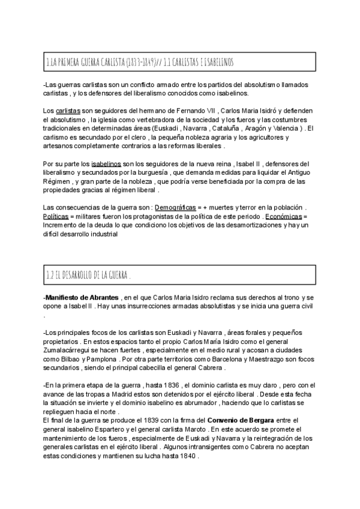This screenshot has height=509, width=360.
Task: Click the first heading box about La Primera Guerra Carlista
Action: [x=179, y=62]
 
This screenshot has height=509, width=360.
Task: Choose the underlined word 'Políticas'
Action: [x=56, y=216]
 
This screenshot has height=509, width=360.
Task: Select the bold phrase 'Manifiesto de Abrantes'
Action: [x=81, y=298]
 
